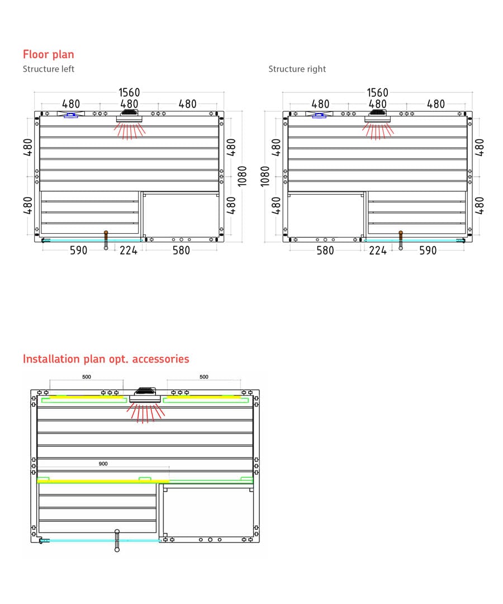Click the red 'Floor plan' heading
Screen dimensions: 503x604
tap(49, 54)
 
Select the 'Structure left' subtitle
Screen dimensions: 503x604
tap(49, 69)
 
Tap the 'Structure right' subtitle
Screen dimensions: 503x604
tap(297, 69)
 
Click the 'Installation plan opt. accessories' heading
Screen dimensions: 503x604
tap(106, 359)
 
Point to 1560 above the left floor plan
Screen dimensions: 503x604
tap(129, 92)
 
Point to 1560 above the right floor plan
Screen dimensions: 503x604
tap(378, 92)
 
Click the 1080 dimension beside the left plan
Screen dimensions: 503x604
tap(242, 176)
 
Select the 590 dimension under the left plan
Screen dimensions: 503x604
tap(78, 251)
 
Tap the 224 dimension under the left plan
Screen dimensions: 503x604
tap(129, 251)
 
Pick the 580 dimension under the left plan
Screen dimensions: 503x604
tap(181, 251)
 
